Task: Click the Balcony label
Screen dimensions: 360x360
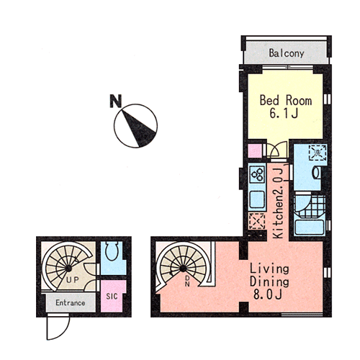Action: [x=287, y=53]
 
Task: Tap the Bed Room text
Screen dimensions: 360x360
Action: [x=286, y=100]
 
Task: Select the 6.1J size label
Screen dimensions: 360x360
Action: [x=284, y=113]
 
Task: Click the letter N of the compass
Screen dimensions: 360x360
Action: [x=116, y=101]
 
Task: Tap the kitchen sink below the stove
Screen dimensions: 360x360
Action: [x=257, y=199]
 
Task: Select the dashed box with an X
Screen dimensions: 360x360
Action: [x=257, y=221]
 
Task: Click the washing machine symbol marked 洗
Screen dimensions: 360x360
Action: [x=318, y=152]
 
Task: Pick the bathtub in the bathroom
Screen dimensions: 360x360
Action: [x=309, y=228]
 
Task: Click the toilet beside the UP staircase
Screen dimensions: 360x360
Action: [x=112, y=251]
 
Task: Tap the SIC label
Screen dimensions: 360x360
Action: [x=112, y=296]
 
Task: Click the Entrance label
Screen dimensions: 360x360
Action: [x=71, y=302]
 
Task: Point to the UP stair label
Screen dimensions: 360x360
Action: [x=73, y=279]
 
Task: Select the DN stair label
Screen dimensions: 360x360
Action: [x=187, y=281]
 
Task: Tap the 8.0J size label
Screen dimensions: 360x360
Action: [x=267, y=294]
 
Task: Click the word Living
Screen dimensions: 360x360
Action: [x=269, y=269]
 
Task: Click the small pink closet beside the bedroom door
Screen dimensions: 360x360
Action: [x=255, y=151]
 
